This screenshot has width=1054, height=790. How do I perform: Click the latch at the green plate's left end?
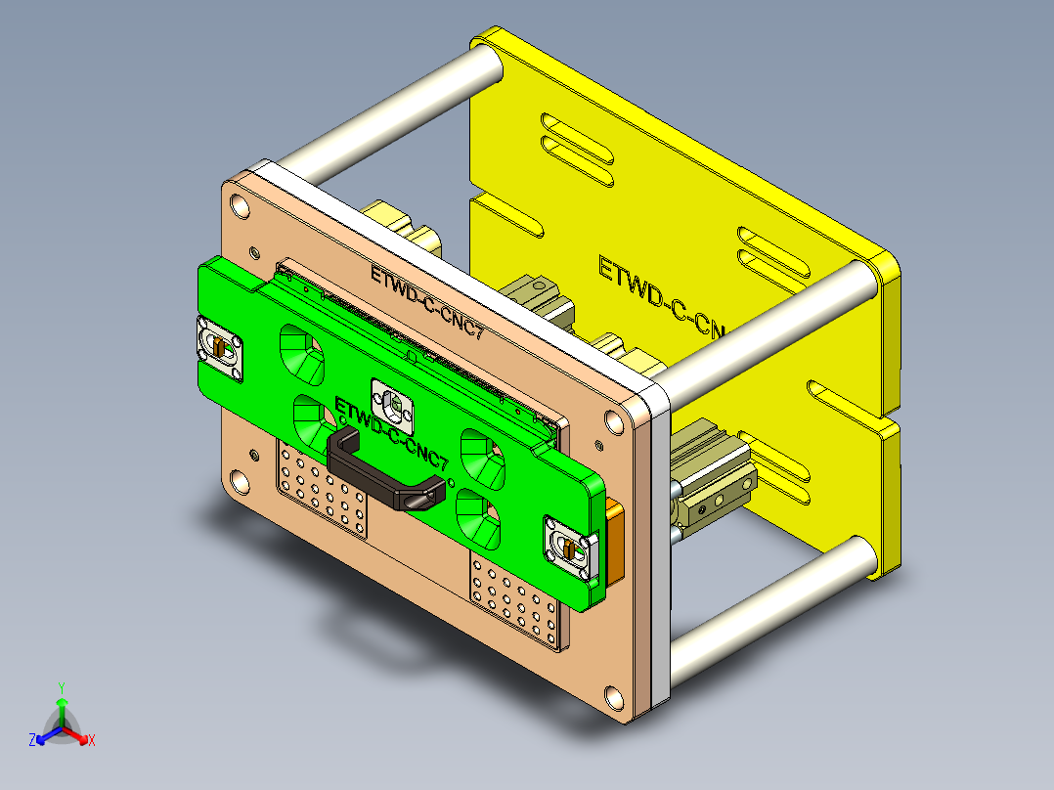(x=220, y=347)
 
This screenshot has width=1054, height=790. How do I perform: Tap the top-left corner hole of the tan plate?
(x=239, y=205)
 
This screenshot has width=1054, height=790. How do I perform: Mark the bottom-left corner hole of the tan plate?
(x=239, y=481)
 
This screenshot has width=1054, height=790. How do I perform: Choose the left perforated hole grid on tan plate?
(x=324, y=489)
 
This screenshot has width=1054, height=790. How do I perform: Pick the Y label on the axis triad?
(x=61, y=686)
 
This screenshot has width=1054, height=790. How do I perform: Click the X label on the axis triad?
(x=92, y=740)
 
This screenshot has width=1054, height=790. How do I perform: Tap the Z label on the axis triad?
(x=31, y=740)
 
